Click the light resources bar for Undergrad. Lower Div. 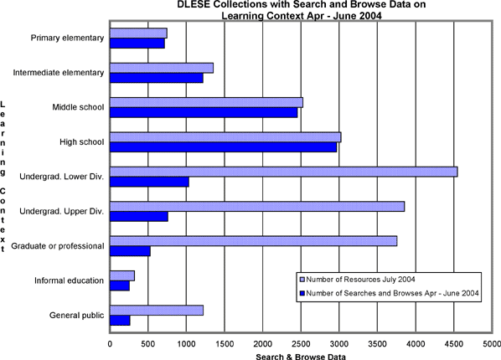click(x=284, y=172)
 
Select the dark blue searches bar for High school click(x=224, y=147)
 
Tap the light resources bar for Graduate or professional click(x=253, y=241)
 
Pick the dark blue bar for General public click(x=120, y=321)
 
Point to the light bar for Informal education click(x=122, y=276)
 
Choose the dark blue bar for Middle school click(x=204, y=112)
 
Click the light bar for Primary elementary click(x=138, y=33)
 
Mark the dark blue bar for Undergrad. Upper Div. click(x=139, y=217)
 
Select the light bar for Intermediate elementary click(x=162, y=68)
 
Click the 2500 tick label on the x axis click(x=301, y=344)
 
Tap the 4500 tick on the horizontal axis click(x=454, y=344)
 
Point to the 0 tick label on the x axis click(x=110, y=344)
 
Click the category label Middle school click(x=78, y=107)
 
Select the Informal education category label click(x=70, y=280)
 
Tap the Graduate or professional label click(x=58, y=246)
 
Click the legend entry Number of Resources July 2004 click(x=358, y=280)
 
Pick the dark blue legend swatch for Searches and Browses click(x=302, y=293)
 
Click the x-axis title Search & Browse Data click(x=301, y=357)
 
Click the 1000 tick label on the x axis click(x=186, y=344)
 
